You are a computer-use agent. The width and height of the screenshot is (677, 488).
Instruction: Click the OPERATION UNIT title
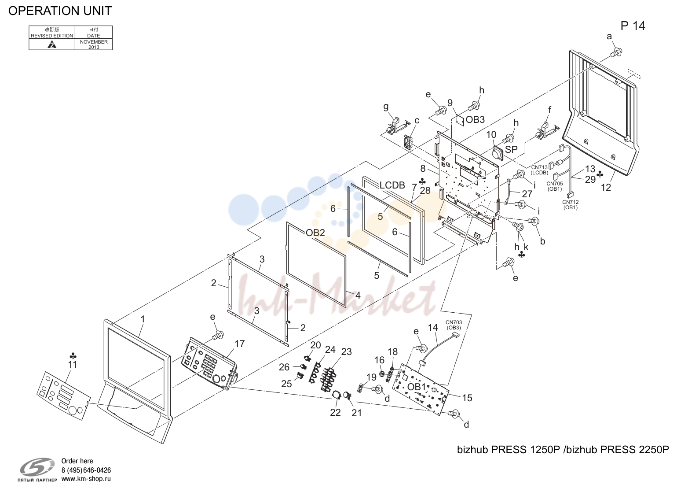(60, 11)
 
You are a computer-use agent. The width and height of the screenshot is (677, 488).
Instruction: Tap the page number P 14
(633, 26)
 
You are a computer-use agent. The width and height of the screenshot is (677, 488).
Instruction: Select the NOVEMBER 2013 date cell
(94, 44)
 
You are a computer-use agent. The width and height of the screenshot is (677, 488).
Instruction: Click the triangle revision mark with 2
(52, 45)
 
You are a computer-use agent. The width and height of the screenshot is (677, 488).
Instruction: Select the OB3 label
(475, 120)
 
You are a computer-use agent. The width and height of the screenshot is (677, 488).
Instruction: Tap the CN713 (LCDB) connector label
(539, 170)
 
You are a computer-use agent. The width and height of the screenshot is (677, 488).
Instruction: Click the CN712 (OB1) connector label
(570, 205)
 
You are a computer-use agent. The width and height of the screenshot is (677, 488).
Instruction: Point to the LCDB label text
(392, 185)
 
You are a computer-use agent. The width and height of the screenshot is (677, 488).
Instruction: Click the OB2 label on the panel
(315, 233)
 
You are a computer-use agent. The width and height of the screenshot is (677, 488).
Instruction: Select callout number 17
(240, 344)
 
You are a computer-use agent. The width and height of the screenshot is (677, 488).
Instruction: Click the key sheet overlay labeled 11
(63, 396)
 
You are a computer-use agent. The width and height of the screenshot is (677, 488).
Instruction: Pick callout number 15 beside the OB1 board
(467, 398)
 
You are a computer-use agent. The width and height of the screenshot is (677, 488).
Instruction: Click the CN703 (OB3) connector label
(454, 325)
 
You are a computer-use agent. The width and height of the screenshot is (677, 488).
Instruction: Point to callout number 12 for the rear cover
(606, 188)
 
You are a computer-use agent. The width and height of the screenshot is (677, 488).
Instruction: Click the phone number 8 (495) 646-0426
(86, 470)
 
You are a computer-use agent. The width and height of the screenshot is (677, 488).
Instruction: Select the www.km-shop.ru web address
(86, 479)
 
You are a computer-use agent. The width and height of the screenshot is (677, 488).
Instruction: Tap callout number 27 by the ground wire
(527, 194)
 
